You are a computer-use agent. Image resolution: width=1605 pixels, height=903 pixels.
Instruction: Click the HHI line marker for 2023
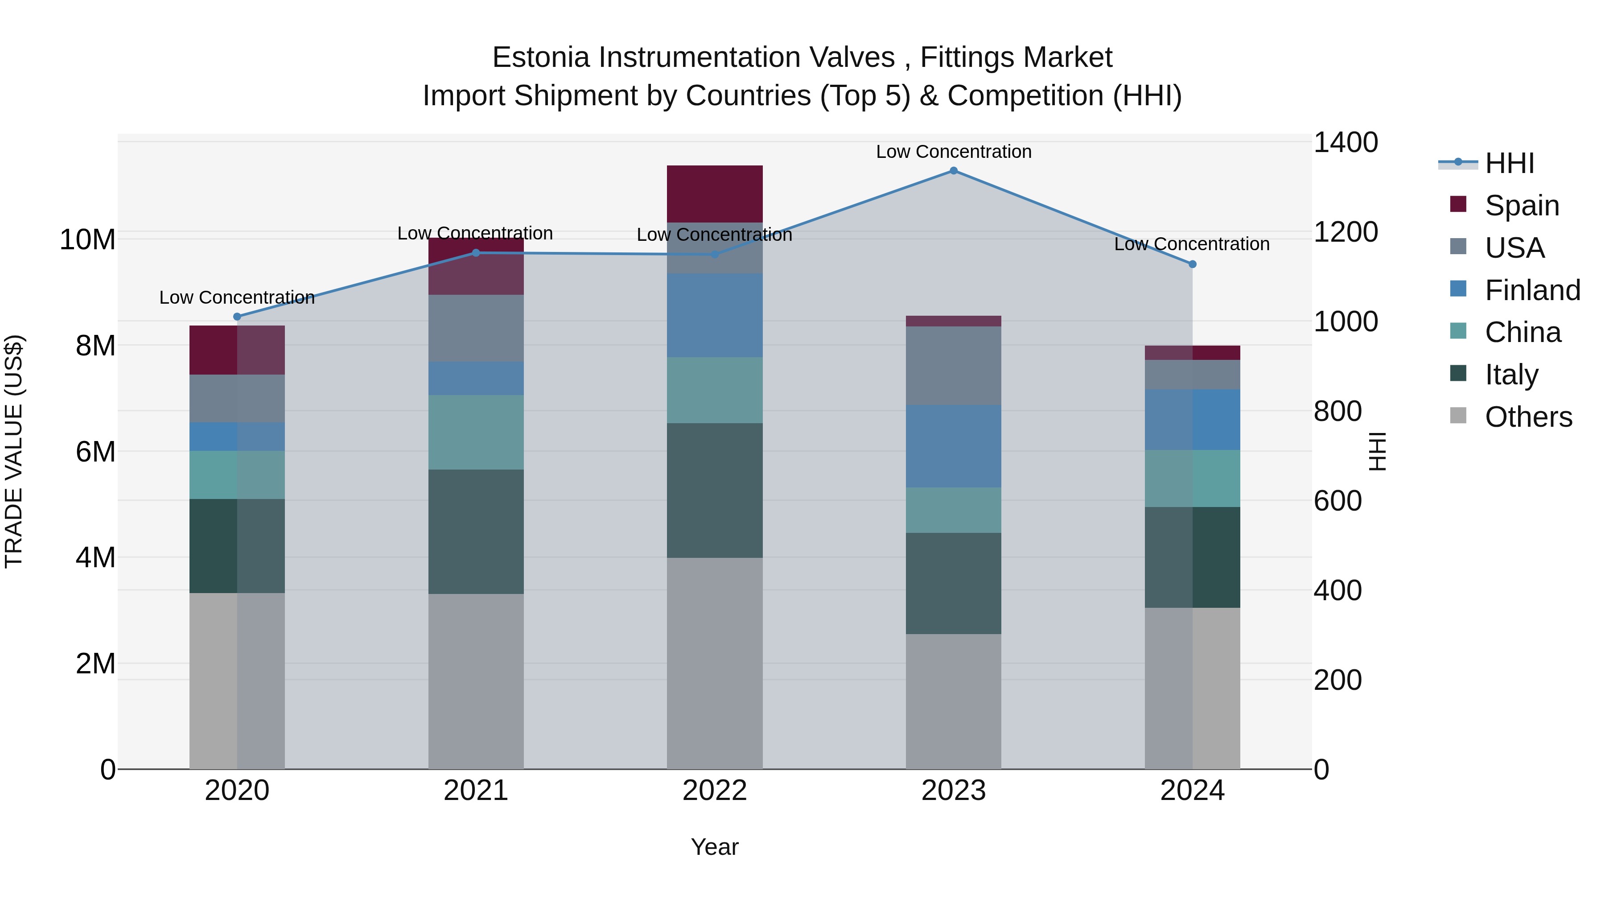[x=953, y=171]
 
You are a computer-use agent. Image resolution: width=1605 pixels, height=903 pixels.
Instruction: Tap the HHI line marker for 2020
[x=237, y=317]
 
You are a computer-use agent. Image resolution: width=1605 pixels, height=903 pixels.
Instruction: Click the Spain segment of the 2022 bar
[x=715, y=194]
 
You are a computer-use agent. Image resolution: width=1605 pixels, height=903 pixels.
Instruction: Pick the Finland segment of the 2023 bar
[x=953, y=446]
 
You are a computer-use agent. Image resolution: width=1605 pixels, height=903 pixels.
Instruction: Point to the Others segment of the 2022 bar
[x=715, y=663]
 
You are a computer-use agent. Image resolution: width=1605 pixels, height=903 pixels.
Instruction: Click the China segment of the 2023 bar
[x=953, y=510]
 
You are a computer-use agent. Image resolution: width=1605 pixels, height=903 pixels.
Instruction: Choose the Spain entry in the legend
[x=1522, y=205]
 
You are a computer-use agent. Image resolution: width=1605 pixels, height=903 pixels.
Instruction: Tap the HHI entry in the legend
[x=1509, y=163]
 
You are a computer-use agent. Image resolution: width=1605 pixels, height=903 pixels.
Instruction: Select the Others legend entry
[x=1528, y=417]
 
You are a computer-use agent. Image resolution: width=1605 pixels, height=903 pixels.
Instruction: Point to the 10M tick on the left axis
[x=87, y=240]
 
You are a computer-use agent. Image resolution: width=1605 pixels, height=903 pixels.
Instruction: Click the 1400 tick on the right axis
[x=1346, y=143]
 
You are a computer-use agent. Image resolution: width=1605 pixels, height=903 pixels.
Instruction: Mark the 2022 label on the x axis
[x=715, y=791]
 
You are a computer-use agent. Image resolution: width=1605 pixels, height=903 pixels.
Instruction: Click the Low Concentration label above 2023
[x=953, y=152]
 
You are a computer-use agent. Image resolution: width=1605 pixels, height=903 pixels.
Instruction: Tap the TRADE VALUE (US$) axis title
[x=14, y=451]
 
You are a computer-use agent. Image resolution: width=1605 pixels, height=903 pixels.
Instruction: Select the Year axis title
[x=715, y=847]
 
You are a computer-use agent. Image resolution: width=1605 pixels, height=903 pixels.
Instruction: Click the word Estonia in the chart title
[x=541, y=58]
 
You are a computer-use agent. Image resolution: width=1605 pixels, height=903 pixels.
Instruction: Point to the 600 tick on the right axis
[x=1337, y=501]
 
